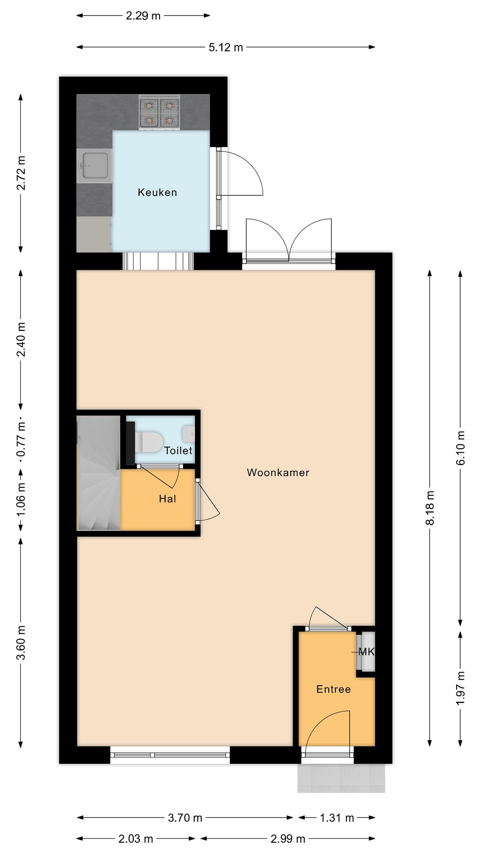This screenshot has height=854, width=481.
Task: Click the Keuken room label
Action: coord(157,193)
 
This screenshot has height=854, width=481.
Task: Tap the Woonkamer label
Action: coord(278,472)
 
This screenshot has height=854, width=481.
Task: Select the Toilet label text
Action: coord(178,451)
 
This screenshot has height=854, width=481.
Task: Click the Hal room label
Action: coord(167,499)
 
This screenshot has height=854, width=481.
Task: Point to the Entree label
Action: coord(333,689)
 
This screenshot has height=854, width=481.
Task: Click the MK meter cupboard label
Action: coord(366,652)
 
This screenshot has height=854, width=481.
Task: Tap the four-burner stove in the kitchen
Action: coord(159,113)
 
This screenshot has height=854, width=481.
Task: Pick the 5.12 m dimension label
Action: coord(226,47)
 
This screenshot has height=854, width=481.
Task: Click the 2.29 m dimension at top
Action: coord(143,16)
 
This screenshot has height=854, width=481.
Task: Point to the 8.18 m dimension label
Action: coord(430,508)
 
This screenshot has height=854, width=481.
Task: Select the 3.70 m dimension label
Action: coord(185,818)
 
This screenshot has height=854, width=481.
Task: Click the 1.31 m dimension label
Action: coord(337,818)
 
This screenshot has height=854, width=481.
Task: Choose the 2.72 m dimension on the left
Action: coord(20,173)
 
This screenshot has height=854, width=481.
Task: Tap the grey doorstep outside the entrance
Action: coord(341,778)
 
